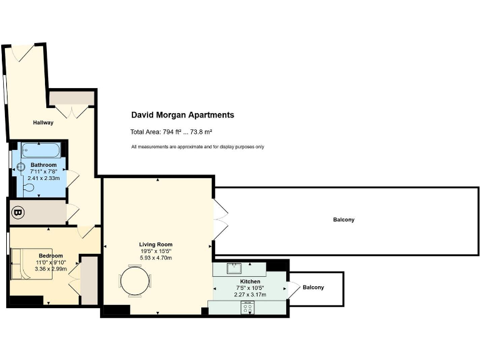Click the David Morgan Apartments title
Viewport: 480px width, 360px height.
[182, 115]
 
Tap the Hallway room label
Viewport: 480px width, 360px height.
[43, 122]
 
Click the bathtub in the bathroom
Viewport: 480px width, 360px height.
[40, 151]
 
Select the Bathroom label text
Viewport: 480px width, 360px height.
[44, 165]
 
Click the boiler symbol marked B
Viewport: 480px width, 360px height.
[18, 214]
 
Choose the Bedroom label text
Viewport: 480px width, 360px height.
[51, 256]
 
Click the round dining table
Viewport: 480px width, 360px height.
[136, 281]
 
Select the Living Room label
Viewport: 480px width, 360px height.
[156, 244]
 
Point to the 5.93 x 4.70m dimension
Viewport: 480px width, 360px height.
[156, 257]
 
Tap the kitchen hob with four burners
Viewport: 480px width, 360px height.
[247, 307]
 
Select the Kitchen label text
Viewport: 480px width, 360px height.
[249, 282]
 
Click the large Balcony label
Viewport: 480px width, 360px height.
[344, 220]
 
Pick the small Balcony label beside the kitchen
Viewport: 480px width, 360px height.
[313, 287]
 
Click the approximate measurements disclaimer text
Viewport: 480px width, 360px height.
[197, 147]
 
